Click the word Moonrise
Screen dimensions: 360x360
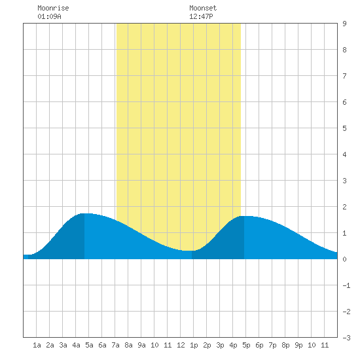click(x=53, y=8)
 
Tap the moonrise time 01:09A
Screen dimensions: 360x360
click(x=49, y=16)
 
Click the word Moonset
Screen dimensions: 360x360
click(x=203, y=8)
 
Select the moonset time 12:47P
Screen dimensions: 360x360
click(x=201, y=16)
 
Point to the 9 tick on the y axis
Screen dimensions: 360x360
click(x=344, y=24)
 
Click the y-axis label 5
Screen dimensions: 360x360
click(x=344, y=128)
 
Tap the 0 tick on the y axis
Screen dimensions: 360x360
click(x=344, y=259)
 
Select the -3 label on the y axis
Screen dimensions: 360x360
click(x=346, y=338)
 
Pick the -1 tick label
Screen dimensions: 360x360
click(x=346, y=285)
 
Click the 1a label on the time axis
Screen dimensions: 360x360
click(x=37, y=345)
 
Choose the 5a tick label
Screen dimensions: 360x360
click(x=89, y=345)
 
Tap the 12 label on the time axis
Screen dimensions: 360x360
click(x=181, y=345)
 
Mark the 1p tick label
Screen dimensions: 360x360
click(x=194, y=345)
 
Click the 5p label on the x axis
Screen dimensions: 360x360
click(x=246, y=345)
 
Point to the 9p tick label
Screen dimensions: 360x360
click(x=298, y=345)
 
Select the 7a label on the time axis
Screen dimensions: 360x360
click(x=115, y=345)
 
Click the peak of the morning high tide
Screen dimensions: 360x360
click(x=84, y=213)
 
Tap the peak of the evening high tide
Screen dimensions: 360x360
click(x=244, y=216)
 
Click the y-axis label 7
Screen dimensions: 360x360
click(x=344, y=76)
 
